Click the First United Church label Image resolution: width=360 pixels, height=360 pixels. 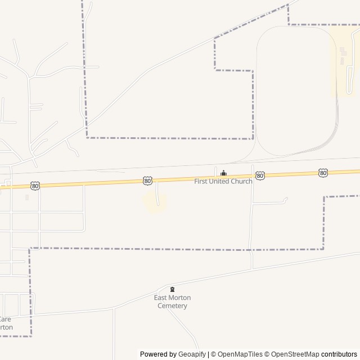(x=223, y=181)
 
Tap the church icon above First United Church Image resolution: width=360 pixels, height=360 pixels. (x=223, y=173)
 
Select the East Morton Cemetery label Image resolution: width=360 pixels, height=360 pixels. (x=172, y=301)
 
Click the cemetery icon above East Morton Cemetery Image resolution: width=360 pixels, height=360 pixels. (x=172, y=289)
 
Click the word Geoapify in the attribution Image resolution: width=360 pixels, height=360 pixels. (x=192, y=354)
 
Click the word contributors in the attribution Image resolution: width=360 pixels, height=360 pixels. (x=339, y=354)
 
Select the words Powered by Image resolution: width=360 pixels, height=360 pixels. (x=157, y=354)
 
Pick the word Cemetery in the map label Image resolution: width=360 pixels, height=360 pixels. (x=172, y=305)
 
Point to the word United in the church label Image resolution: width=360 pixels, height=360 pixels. (x=219, y=181)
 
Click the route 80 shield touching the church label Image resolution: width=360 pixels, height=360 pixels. (x=260, y=176)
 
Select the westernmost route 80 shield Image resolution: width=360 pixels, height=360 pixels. (x=35, y=186)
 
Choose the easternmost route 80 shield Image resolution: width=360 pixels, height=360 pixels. (x=323, y=173)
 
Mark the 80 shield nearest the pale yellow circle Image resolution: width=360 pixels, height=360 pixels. (x=147, y=181)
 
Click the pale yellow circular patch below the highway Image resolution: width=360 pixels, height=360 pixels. (x=155, y=202)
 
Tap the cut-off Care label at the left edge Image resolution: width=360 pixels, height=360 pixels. (x=5, y=319)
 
